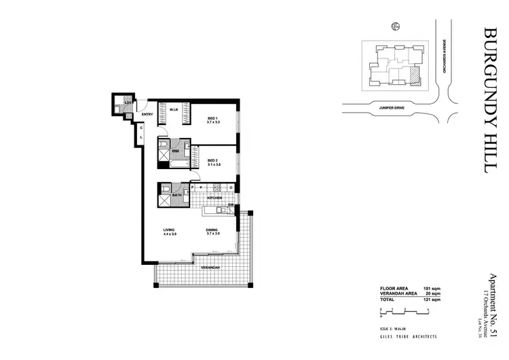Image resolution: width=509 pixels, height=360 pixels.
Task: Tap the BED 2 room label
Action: pyautogui.click(x=212, y=161)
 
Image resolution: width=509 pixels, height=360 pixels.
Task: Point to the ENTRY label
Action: pyautogui.click(x=147, y=114)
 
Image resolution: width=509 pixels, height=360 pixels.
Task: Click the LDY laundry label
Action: pyautogui.click(x=127, y=103)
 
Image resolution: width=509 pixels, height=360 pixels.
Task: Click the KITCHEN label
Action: pyautogui.click(x=214, y=198)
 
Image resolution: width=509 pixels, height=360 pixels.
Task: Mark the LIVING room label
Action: pyautogui.click(x=169, y=231)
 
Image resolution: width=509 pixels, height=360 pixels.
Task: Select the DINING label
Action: pyautogui.click(x=212, y=231)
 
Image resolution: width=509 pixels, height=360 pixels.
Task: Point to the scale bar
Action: pyautogui.click(x=405, y=310)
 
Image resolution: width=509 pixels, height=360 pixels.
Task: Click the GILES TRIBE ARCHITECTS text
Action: pyautogui.click(x=409, y=337)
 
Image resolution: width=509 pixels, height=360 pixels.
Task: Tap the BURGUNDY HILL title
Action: pyautogui.click(x=492, y=101)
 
